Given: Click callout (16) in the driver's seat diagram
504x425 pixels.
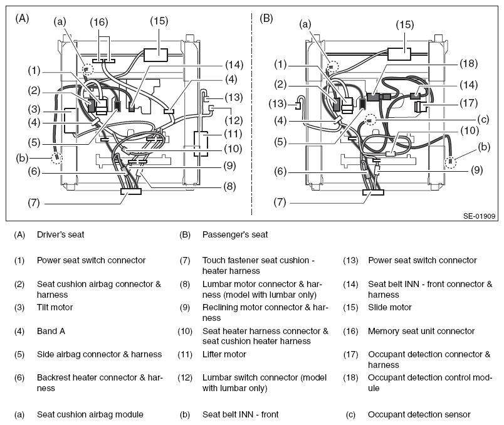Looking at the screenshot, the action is coord(99,22).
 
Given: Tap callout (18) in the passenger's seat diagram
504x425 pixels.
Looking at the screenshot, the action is coord(469,64).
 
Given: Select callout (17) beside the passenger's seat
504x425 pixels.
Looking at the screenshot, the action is coord(469,103).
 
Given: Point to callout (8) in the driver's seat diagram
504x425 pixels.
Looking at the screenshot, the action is coord(230,186).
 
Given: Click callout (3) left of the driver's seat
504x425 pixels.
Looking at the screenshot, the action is coord(34,109).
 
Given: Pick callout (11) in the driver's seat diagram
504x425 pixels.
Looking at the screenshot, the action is coord(234,134).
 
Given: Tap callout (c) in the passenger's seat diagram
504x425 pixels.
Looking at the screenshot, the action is coord(483,120).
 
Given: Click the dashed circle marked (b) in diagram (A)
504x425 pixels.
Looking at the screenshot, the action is coord(57,158).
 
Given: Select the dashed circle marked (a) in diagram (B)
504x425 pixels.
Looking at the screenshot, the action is coord(333,66).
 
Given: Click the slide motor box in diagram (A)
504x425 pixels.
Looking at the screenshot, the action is coord(155,55).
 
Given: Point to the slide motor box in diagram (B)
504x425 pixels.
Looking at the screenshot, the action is coord(399,54).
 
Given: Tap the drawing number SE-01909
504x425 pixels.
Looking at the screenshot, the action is coord(480,216).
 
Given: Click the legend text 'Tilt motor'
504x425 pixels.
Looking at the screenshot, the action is coord(55,307).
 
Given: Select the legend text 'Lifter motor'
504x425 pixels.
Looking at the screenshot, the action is coord(224,354).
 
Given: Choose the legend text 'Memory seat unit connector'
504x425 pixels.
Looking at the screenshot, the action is coord(421,331).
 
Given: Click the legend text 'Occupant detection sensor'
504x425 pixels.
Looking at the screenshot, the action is coord(419,414).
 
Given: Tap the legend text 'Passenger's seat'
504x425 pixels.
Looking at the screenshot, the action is coord(235,234).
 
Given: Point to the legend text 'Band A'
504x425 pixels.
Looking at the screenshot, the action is coord(51,331).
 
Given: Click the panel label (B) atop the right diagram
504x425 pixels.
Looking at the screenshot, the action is coord(266,18).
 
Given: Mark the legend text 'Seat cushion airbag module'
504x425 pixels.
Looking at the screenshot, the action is coord(90,414).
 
